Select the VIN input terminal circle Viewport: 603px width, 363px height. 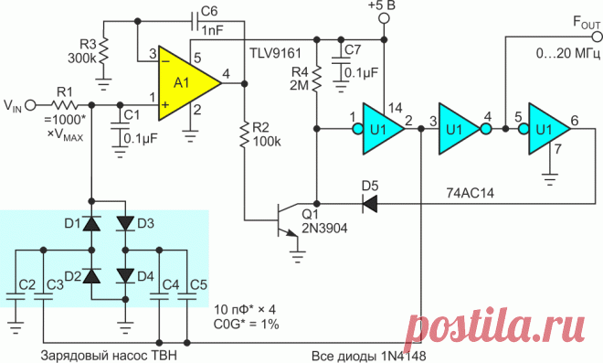30,105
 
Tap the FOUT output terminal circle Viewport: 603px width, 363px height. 598,37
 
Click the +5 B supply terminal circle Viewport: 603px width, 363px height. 384,18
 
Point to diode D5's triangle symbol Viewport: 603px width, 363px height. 370,203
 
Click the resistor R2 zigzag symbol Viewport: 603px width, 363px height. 244,134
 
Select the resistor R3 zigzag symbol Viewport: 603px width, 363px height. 103,51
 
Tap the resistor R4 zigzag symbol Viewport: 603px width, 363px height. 316,79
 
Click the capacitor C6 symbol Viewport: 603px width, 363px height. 195,21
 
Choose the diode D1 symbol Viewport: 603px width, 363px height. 92,223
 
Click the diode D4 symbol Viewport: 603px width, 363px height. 125,276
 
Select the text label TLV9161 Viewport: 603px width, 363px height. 275,53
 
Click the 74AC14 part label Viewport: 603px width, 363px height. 470,192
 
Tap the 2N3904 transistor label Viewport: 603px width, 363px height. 324,229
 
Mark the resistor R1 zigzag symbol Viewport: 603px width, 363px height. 64,105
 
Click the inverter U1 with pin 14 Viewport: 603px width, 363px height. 379,129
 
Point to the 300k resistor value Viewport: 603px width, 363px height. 82,59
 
